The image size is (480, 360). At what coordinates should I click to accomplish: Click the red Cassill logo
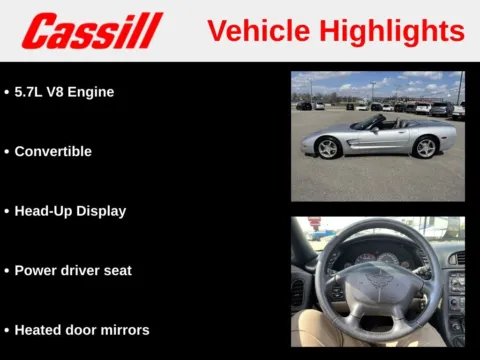[92, 31]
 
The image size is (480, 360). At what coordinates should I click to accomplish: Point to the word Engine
[92, 92]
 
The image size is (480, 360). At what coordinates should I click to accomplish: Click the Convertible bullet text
[53, 152]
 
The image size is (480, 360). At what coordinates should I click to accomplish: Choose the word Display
[102, 212]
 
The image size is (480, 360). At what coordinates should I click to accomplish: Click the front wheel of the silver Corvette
[328, 148]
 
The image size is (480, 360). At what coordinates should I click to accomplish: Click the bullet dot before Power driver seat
[7, 271]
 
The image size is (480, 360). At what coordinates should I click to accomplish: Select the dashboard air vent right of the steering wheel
[456, 258]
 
